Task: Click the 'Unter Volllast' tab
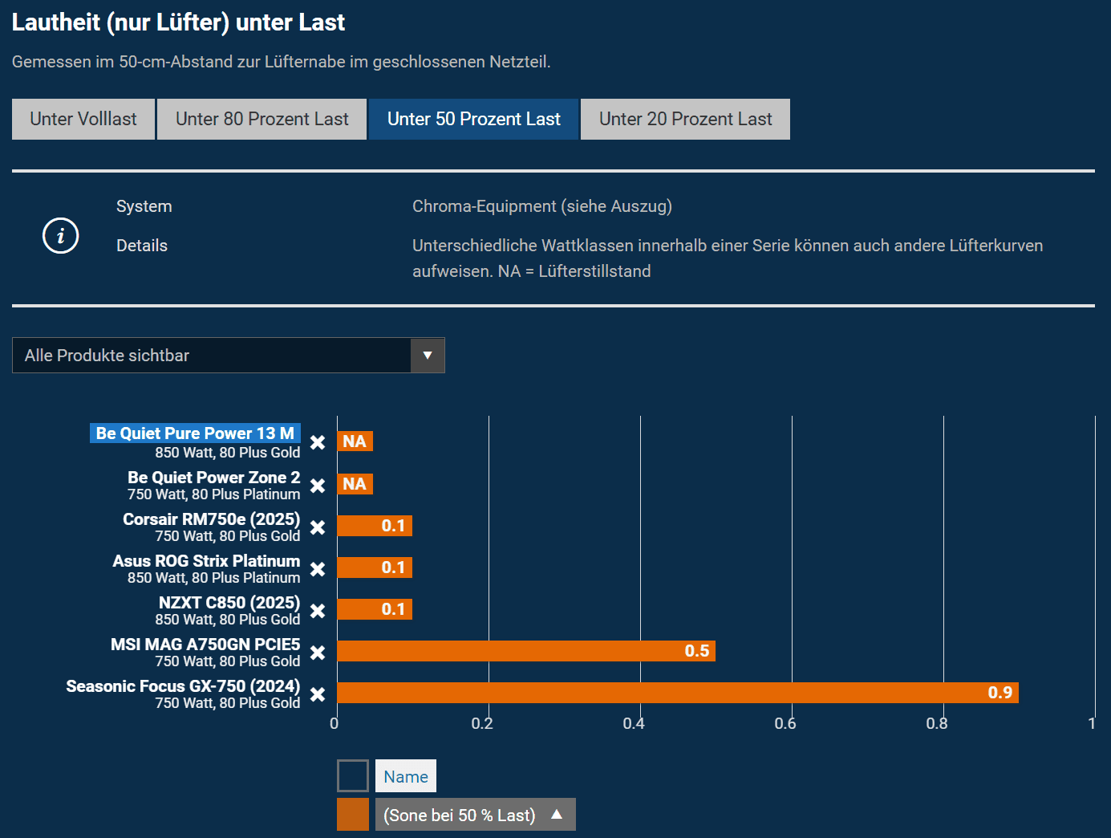coord(83,120)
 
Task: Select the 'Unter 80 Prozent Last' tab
coord(262,120)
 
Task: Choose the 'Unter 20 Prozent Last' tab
coord(685,120)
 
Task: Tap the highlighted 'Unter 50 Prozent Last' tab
coord(473,120)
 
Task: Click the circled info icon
coord(60,236)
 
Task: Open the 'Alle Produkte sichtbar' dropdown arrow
coord(428,356)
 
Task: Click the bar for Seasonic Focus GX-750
coord(677,693)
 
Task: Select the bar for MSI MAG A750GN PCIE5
coord(525,651)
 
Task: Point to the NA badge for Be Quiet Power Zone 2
coord(355,484)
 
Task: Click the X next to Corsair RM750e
coord(318,527)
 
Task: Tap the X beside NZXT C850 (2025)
coord(318,611)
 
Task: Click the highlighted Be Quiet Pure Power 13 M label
coord(195,433)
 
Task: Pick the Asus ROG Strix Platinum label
coord(206,561)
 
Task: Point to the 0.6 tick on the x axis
coord(785,724)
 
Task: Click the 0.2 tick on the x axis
coord(482,724)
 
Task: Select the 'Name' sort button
coord(406,776)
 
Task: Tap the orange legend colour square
coord(353,815)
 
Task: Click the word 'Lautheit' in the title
coord(56,22)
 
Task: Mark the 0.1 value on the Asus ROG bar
coord(393,567)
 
